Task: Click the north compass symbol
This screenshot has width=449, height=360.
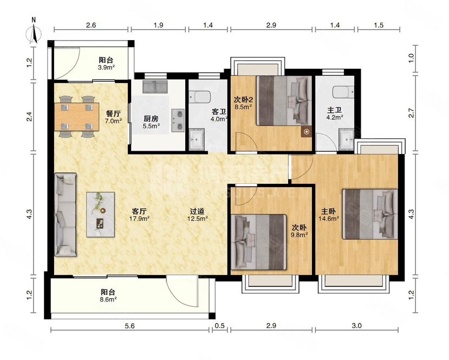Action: click(x=34, y=33)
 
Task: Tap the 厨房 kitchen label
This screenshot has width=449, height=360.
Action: click(x=151, y=118)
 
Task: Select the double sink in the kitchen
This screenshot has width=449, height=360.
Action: click(x=155, y=87)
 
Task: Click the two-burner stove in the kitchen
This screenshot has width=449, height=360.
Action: click(x=178, y=120)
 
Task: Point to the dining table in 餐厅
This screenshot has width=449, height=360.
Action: click(x=77, y=117)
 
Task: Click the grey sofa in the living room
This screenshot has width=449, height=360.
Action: click(x=66, y=214)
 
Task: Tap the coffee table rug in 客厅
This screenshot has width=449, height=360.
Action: click(x=101, y=214)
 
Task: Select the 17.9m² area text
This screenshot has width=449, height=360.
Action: click(x=139, y=218)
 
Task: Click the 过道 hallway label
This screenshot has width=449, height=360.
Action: click(x=197, y=211)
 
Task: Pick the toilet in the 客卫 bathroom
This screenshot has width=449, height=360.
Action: click(x=200, y=97)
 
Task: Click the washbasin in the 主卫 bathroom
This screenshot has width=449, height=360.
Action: click(x=347, y=139)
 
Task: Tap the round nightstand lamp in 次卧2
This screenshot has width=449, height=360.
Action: click(x=307, y=132)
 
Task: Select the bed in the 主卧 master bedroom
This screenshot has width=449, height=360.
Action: click(x=370, y=214)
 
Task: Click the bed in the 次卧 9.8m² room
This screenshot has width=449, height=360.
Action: click(x=259, y=242)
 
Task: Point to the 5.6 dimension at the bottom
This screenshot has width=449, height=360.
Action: click(x=130, y=326)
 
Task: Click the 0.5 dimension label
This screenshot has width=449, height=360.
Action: click(x=220, y=326)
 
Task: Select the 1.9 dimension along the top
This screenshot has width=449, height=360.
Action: click(x=158, y=25)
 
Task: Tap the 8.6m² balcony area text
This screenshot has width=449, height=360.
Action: click(x=108, y=299)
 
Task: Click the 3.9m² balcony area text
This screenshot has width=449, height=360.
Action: click(x=107, y=67)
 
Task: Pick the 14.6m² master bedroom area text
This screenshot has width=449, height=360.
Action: click(x=329, y=218)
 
